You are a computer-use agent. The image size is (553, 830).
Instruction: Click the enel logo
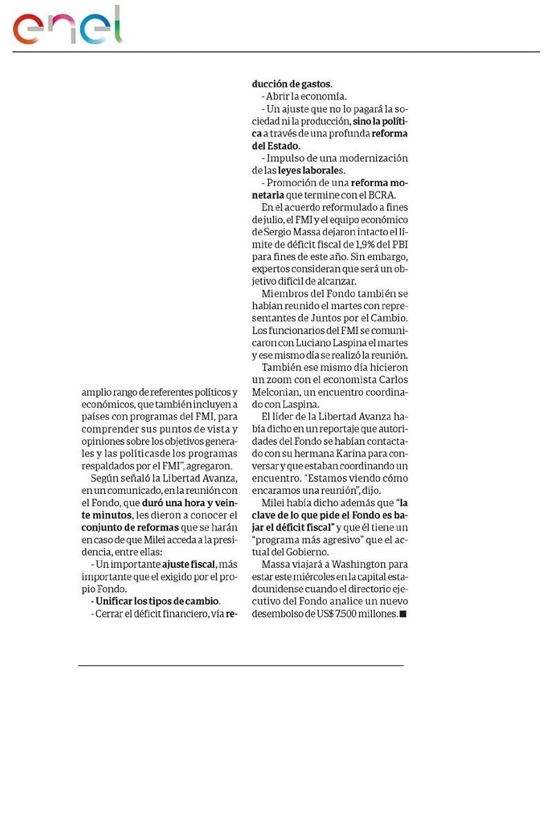(67, 26)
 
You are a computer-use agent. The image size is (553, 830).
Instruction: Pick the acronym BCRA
(381, 194)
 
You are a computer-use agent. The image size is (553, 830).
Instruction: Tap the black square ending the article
(403, 614)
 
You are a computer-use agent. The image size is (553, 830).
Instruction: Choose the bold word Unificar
(115, 601)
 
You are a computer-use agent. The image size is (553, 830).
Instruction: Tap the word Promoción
(291, 183)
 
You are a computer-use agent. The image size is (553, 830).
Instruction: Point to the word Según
(104, 479)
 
